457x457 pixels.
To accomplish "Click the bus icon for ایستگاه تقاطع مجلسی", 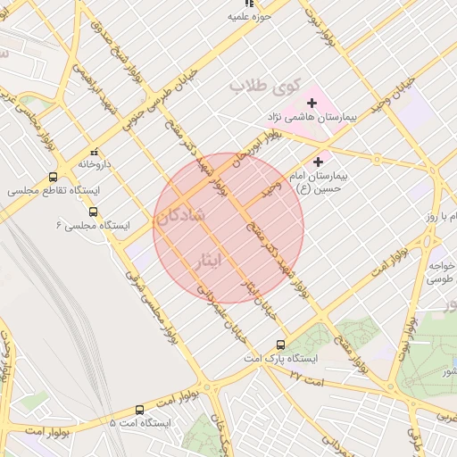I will click(x=53, y=177).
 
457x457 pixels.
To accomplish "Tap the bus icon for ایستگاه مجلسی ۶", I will click(x=94, y=212).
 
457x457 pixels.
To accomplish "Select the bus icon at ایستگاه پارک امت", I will click(x=281, y=344).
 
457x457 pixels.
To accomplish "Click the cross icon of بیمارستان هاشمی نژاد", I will click(x=311, y=104).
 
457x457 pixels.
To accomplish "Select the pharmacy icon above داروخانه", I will click(x=95, y=152).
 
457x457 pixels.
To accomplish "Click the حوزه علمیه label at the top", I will click(x=249, y=17).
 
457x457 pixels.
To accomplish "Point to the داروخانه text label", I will click(x=95, y=164).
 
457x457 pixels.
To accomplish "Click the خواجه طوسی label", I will click(x=438, y=272).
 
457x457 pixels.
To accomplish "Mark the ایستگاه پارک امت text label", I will click(x=290, y=358).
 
